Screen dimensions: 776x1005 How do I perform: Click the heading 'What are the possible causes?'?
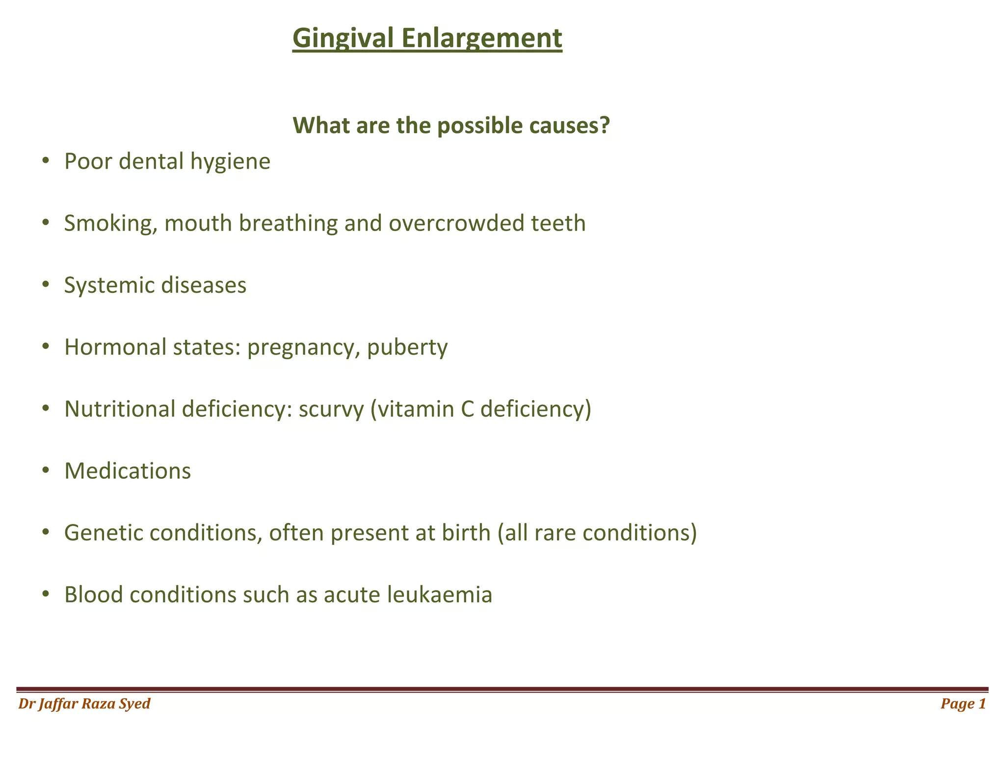(x=451, y=126)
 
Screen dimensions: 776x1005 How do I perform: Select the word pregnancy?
(x=301, y=348)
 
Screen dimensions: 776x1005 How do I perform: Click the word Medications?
(x=128, y=471)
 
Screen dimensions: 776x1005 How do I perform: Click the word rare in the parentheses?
(x=553, y=533)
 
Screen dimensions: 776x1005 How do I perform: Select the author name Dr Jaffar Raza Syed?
(x=84, y=704)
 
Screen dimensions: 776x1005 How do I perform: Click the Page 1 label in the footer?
(x=963, y=704)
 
